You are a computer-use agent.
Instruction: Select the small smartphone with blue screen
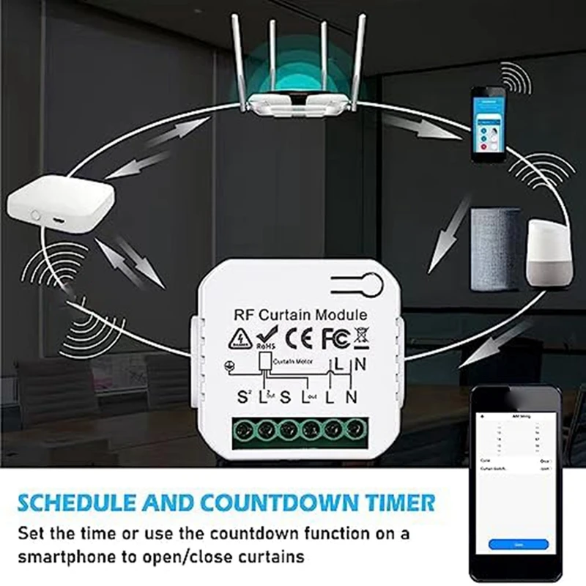pyautogui.click(x=489, y=125)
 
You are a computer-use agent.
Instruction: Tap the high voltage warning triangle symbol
pyautogui.click(x=240, y=338)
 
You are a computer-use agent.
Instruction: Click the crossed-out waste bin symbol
pyautogui.click(x=360, y=338)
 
